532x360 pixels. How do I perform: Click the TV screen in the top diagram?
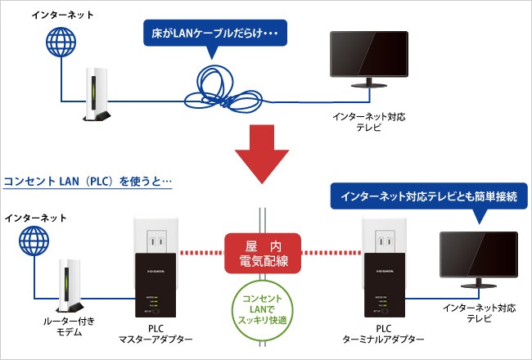[x=367, y=56]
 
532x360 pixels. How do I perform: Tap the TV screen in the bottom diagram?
[x=478, y=255]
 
